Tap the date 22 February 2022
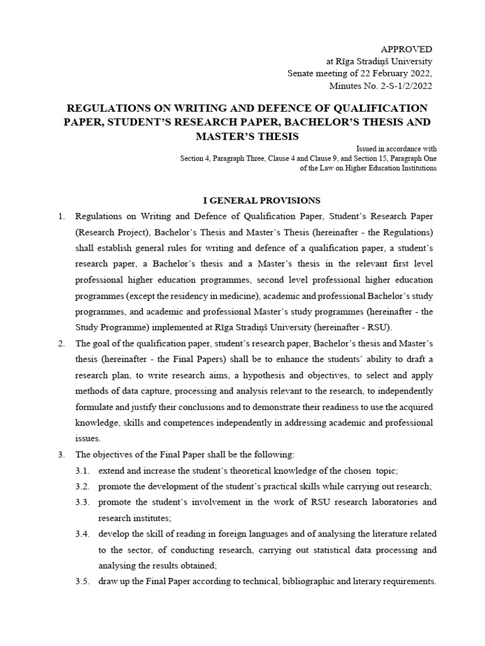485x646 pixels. pos(394,73)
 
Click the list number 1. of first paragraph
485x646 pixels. pos(61,216)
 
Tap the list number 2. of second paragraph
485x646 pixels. pos(61,344)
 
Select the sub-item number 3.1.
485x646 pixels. pos(83,471)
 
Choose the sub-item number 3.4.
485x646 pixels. pos(83,534)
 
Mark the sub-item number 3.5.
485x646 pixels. pos(83,581)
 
